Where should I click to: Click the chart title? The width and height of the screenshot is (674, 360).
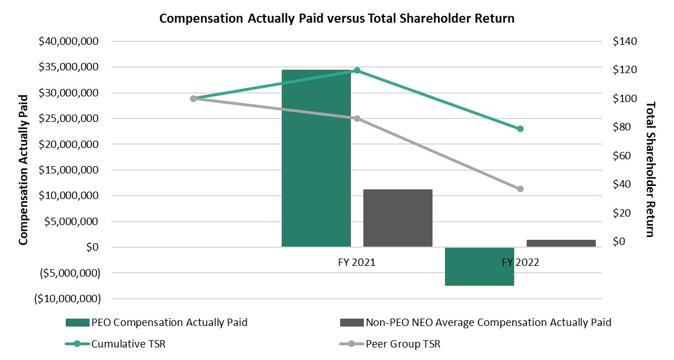[337, 18]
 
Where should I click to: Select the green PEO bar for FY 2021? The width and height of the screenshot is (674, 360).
[316, 158]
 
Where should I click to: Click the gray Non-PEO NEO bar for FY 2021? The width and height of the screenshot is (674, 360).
[398, 218]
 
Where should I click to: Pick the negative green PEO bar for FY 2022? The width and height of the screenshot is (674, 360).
[480, 266]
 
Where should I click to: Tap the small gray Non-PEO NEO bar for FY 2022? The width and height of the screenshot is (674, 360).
[561, 243]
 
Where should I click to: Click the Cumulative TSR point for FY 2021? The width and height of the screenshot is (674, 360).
[357, 71]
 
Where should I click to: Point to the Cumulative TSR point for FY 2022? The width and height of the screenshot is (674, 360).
[520, 129]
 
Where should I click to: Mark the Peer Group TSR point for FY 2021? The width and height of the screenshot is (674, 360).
[357, 118]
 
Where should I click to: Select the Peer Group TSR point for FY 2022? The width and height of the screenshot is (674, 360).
[520, 189]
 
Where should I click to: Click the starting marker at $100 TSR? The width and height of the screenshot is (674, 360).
[193, 99]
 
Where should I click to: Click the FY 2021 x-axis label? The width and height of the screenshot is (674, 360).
[354, 262]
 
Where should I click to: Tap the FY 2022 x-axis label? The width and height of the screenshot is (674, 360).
[520, 262]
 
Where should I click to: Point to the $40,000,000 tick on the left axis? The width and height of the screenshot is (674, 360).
[69, 41]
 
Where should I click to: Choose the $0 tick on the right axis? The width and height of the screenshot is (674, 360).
[619, 242]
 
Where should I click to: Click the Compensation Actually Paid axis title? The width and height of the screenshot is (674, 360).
[23, 170]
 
